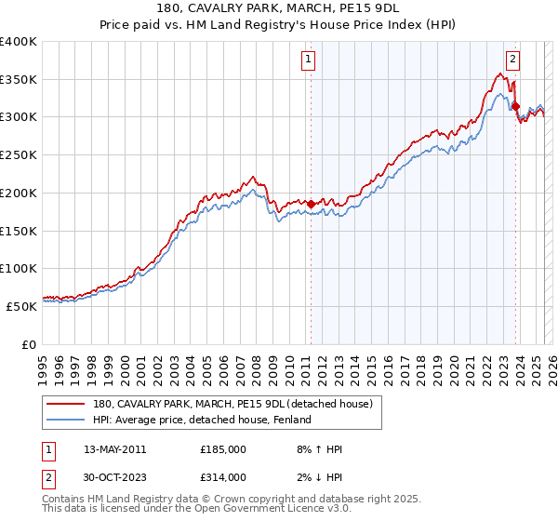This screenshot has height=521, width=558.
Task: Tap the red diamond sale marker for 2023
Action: coord(515,106)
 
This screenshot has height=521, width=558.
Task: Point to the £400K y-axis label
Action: coord(19,42)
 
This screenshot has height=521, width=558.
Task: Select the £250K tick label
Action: coord(19,155)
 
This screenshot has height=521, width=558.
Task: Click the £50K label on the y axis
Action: coord(22,305)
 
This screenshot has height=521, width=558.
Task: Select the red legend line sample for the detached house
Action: coord(66,404)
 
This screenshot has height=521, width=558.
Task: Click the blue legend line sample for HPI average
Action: coord(66,421)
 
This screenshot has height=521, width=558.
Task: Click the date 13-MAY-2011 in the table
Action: coord(115,449)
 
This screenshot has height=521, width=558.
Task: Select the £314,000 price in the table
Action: coord(223,477)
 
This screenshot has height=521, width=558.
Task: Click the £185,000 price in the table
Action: coord(223,449)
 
